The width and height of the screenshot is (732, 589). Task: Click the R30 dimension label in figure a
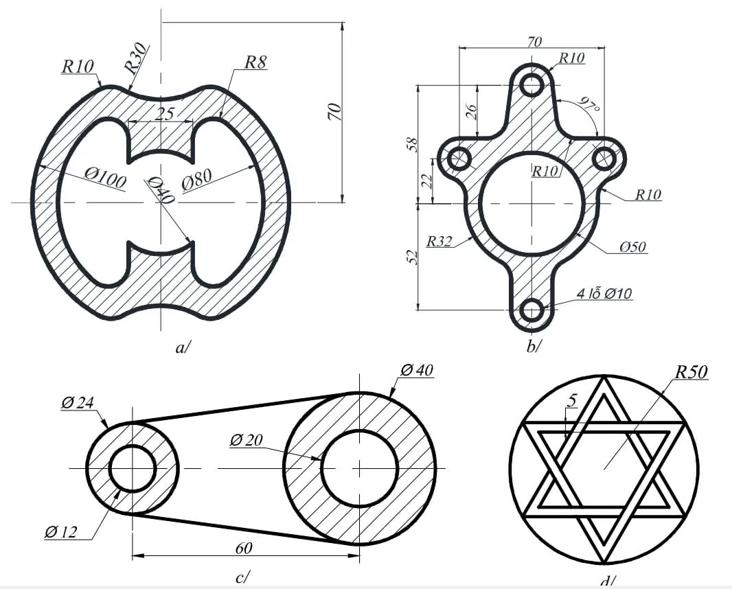(x=136, y=58)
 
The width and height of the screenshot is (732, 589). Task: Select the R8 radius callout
(x=255, y=62)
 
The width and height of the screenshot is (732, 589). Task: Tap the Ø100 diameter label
(x=105, y=178)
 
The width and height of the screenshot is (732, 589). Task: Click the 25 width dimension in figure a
(x=163, y=114)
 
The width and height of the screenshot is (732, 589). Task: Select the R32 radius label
(x=439, y=242)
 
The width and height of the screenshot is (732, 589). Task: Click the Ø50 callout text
(x=632, y=246)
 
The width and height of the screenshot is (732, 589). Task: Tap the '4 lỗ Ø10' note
(x=604, y=294)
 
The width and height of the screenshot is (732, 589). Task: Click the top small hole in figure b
(x=531, y=84)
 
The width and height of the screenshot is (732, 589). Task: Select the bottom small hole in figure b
(x=531, y=310)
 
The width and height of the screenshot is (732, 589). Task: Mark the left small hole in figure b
(x=458, y=159)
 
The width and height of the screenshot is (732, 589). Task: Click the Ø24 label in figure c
(x=77, y=403)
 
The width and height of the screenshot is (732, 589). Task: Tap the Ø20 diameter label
(x=246, y=440)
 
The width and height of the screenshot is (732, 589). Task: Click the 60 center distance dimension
(x=244, y=548)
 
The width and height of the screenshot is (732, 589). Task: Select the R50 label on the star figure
(x=691, y=373)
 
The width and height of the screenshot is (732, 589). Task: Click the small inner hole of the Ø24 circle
(x=133, y=468)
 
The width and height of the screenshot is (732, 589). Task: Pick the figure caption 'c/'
(x=242, y=577)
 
